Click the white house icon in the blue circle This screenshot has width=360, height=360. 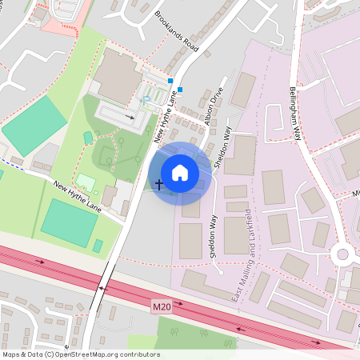(179, 173)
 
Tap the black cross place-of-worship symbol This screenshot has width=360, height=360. (158, 184)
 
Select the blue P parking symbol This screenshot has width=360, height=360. (146, 100)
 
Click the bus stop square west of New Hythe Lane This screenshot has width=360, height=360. (170, 81)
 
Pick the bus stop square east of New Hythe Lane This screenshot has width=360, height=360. (181, 90)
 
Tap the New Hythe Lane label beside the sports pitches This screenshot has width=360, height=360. (78, 195)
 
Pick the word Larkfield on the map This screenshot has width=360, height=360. (249, 223)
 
